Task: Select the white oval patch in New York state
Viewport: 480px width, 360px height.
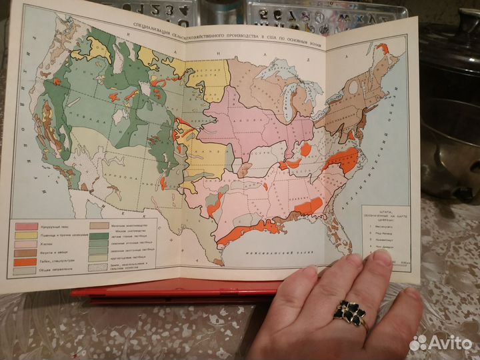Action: coord(353,87)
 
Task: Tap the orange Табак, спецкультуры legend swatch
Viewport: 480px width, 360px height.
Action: coord(26,261)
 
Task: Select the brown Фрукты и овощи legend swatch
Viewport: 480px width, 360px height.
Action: coord(26,253)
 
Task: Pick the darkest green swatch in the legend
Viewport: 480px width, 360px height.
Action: coord(97,234)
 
